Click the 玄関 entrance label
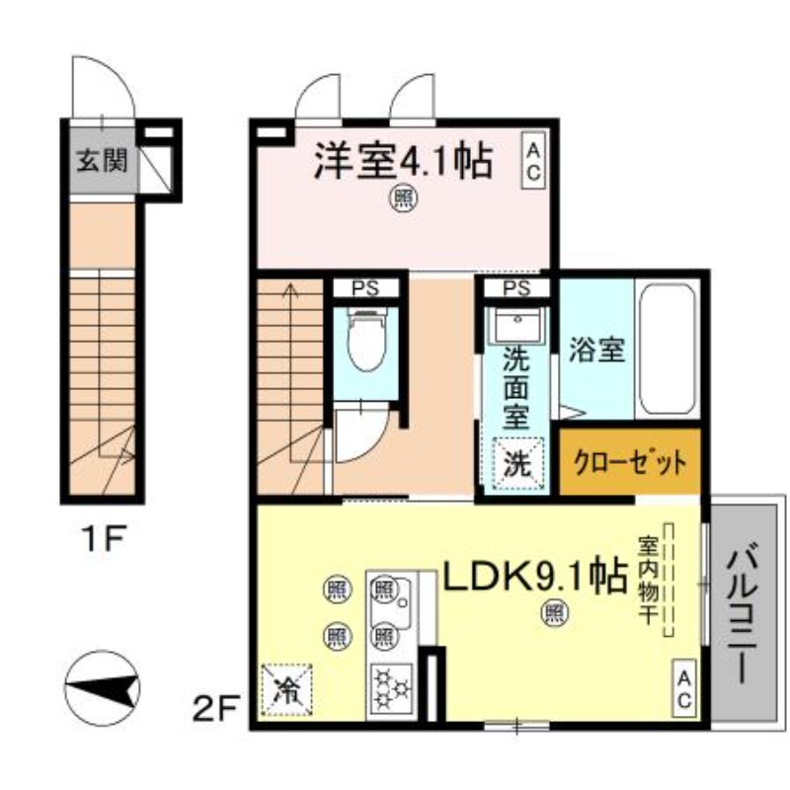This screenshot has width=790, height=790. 103,161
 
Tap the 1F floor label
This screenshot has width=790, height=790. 103,539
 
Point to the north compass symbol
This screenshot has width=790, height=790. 103,688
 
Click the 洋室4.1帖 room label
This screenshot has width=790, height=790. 403,161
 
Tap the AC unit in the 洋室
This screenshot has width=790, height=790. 532,160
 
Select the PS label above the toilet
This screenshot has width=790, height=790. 366,288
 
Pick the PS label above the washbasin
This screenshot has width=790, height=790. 516,288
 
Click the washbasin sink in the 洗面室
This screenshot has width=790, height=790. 517,325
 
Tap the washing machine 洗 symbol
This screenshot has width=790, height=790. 517,463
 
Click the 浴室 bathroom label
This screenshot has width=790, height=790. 597,350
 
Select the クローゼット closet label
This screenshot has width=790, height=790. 630,461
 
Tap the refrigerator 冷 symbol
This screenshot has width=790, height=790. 286,689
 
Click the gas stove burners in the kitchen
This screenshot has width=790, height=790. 391,687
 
